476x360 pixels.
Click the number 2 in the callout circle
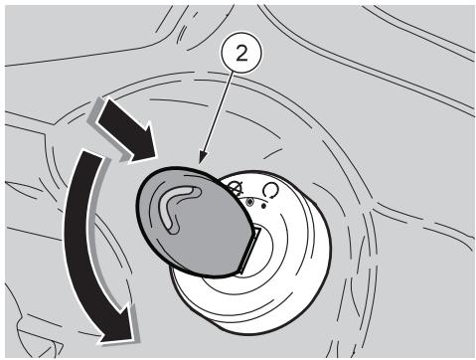click(241, 53)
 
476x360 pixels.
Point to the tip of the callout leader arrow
click(201, 163)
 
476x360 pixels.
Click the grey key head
click(195, 221)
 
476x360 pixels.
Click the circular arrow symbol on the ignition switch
click(270, 190)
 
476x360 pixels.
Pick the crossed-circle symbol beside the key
click(236, 188)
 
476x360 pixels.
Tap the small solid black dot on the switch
click(263, 206)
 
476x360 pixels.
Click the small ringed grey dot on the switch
click(250, 201)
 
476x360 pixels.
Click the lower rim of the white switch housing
click(251, 330)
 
